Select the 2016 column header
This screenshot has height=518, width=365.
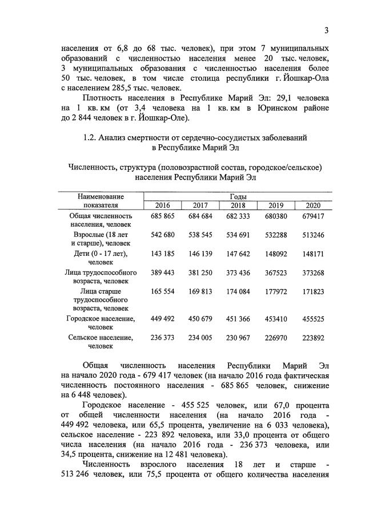coord(162,206)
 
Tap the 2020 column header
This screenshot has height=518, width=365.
coord(313,206)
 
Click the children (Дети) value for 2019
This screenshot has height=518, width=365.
coord(275,253)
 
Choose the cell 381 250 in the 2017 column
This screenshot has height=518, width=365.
coord(200,272)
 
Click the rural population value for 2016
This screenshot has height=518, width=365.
coord(162,338)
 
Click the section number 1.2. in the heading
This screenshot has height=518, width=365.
coord(91,138)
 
